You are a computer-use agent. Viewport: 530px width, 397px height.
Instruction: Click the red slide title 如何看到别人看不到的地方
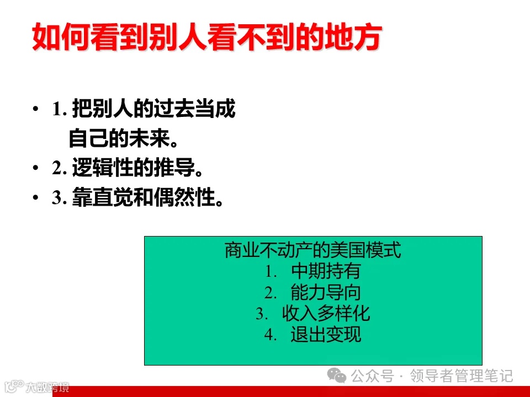pyautogui.click(x=206, y=37)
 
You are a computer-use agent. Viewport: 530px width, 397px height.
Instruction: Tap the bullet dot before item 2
pyautogui.click(x=36, y=168)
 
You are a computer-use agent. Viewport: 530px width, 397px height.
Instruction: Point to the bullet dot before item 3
pyautogui.click(x=36, y=198)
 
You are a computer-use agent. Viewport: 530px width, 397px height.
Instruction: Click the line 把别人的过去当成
pyautogui.click(x=153, y=110)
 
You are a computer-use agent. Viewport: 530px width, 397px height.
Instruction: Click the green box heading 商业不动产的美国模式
pyautogui.click(x=312, y=251)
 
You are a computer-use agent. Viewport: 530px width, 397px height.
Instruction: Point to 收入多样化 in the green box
pyautogui.click(x=326, y=314)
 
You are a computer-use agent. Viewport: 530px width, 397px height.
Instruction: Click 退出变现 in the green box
pyautogui.click(x=326, y=335)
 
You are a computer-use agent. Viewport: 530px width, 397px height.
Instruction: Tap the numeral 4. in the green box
pyautogui.click(x=270, y=335)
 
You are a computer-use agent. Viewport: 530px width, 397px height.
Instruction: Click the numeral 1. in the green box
pyautogui.click(x=270, y=272)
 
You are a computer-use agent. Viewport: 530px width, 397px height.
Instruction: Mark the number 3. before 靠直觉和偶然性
pyautogui.click(x=60, y=198)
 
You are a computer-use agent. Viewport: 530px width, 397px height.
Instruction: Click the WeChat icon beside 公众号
pyautogui.click(x=337, y=376)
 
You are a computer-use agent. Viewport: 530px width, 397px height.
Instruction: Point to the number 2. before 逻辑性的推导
pyautogui.click(x=60, y=169)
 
